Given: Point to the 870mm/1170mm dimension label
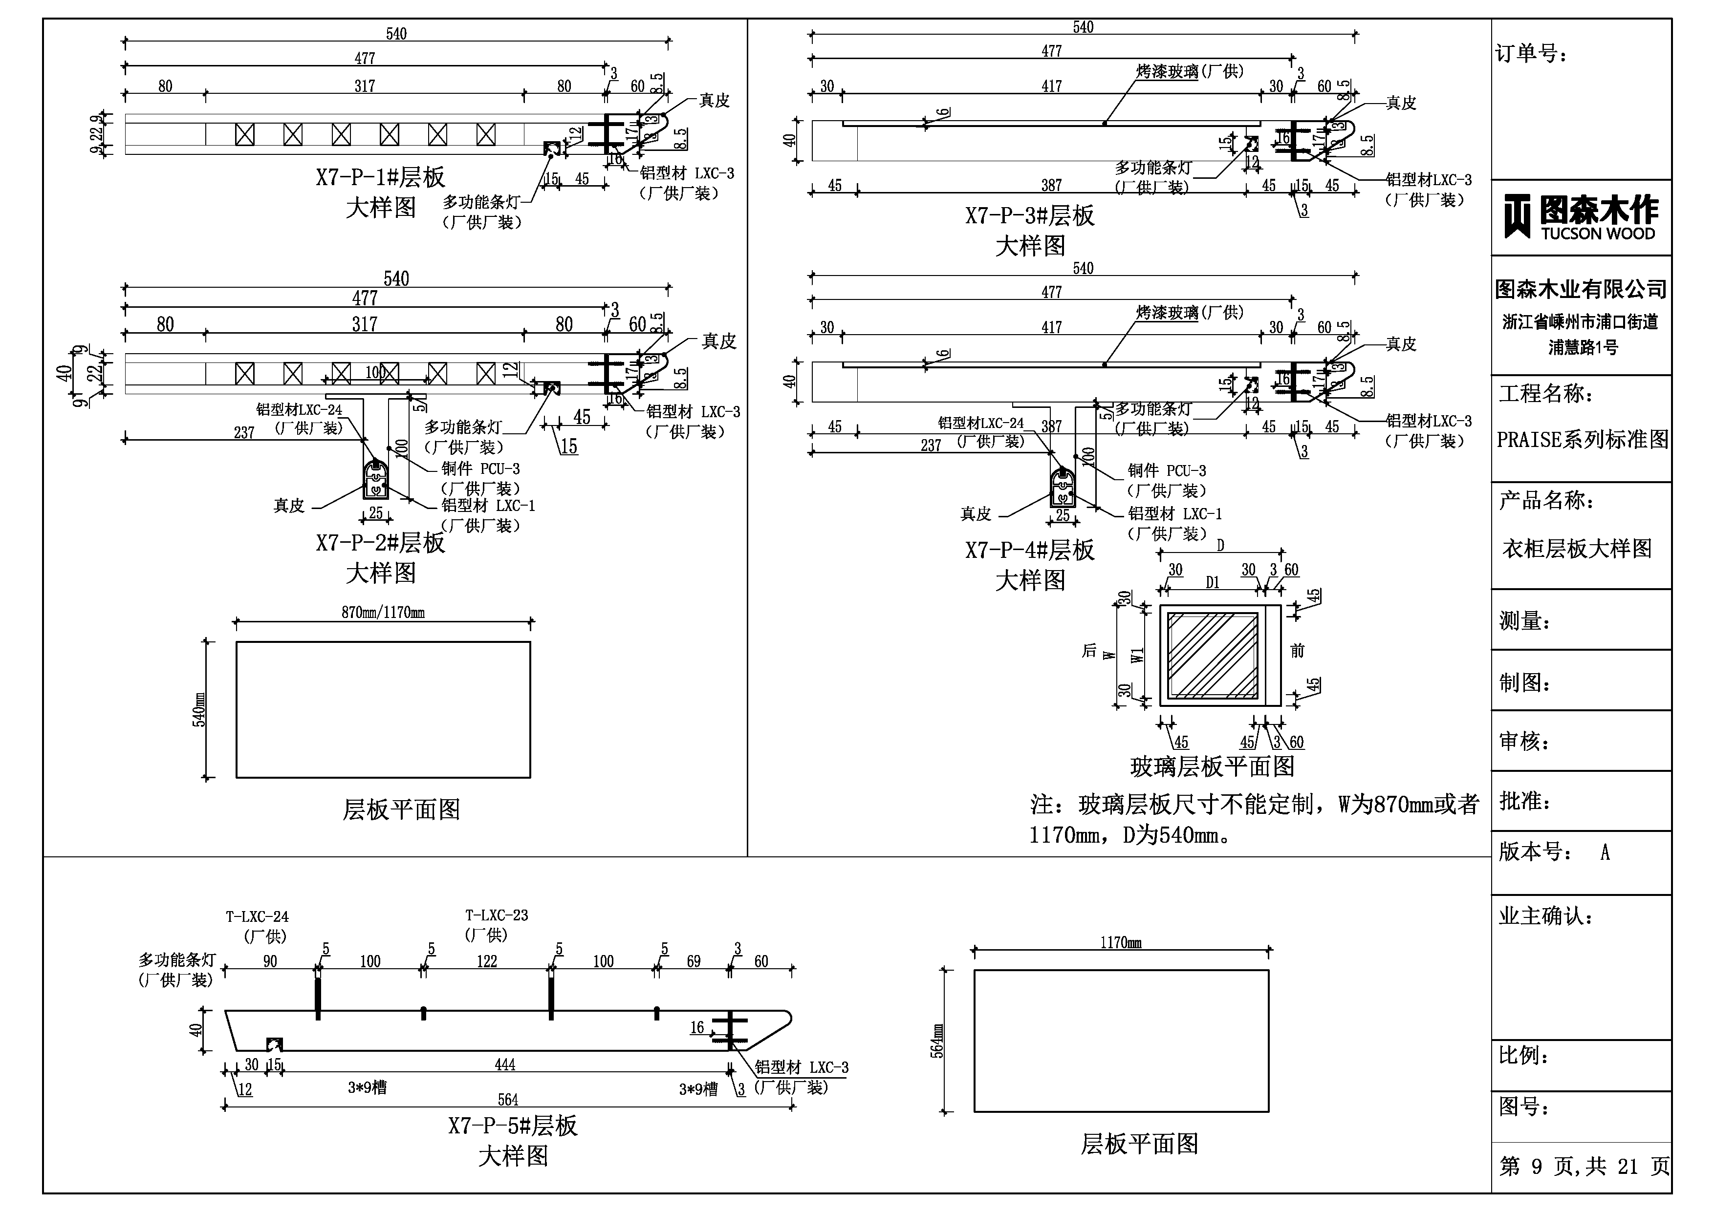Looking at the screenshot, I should (x=383, y=612).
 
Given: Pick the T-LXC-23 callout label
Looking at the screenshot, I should (x=497, y=915).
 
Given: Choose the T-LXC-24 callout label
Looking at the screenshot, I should (x=257, y=917).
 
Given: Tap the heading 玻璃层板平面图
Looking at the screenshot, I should (x=1212, y=766).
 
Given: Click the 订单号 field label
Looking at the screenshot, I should (x=1531, y=54).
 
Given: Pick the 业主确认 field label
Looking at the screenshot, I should (x=1545, y=916).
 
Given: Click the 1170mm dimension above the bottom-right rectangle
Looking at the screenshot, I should (x=1120, y=943).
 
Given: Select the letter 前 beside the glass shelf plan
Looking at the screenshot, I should (x=1298, y=651).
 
